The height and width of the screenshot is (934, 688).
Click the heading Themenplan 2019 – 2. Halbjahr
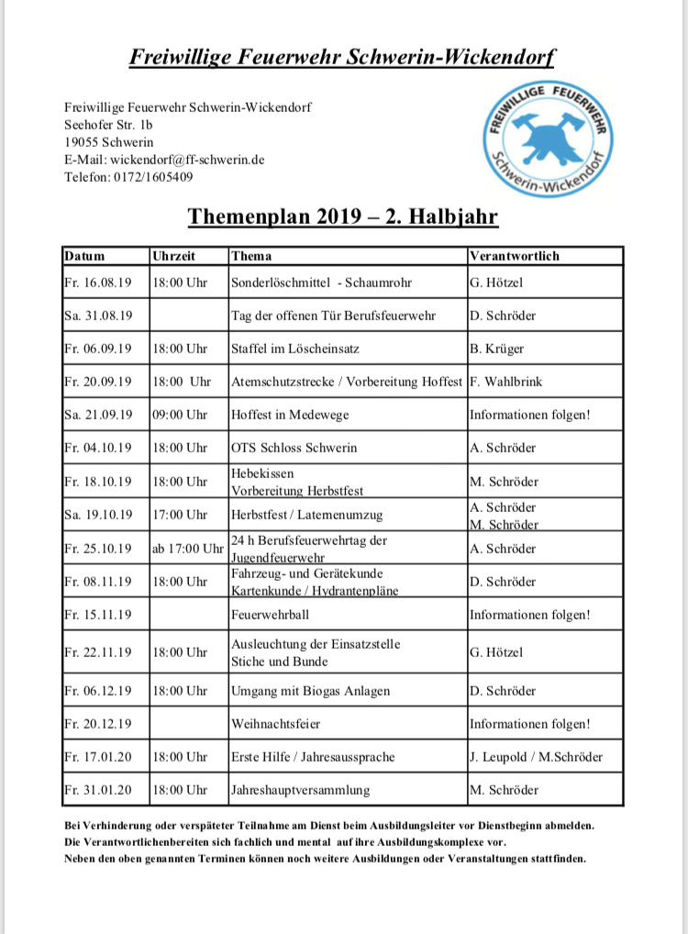click(x=343, y=217)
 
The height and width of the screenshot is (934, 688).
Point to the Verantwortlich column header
click(x=514, y=256)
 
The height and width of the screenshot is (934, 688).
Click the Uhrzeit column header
click(x=174, y=256)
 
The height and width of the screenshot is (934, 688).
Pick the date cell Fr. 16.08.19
click(x=98, y=283)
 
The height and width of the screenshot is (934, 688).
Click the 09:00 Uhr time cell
click(x=181, y=415)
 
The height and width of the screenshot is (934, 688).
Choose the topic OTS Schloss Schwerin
click(x=294, y=448)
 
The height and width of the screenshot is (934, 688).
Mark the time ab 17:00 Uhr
click(x=188, y=549)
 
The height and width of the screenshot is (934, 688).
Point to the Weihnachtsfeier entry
click(x=275, y=724)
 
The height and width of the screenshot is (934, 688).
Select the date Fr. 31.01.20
click(x=98, y=790)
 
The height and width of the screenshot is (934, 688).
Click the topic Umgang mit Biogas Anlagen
click(x=310, y=691)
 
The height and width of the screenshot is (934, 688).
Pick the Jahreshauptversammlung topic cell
click(x=301, y=790)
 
